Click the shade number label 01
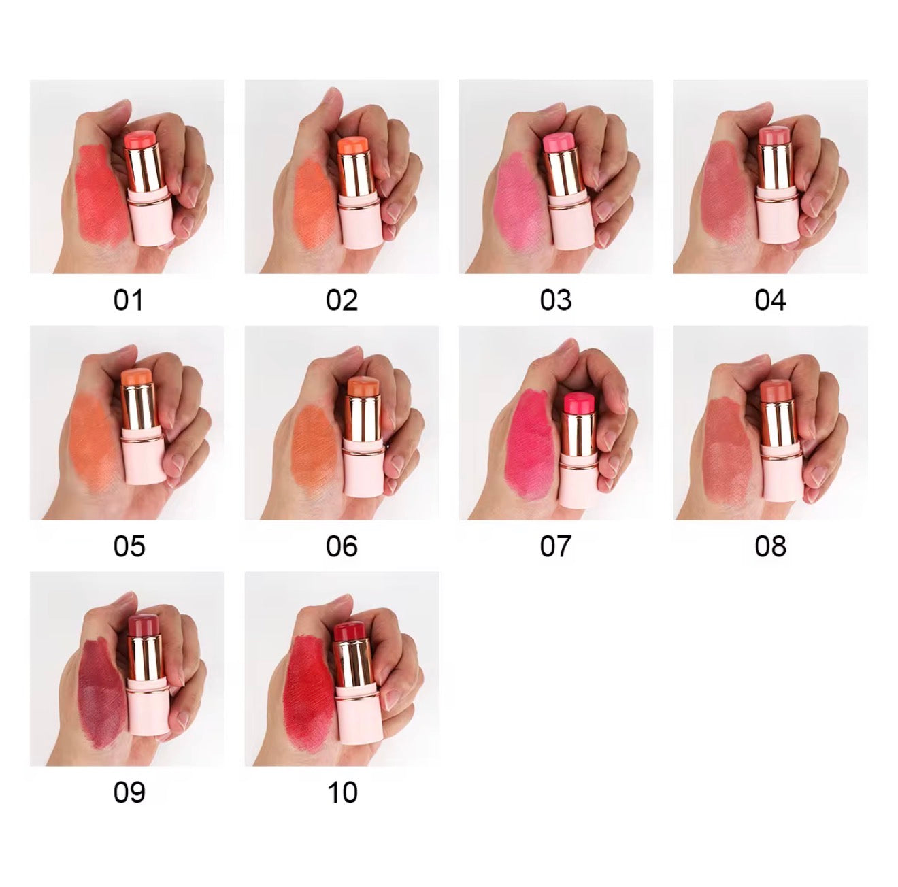128,300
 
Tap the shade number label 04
770,300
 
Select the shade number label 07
556,546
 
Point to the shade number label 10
342,792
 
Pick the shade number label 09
128,792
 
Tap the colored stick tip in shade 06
362,386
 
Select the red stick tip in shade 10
350,632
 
